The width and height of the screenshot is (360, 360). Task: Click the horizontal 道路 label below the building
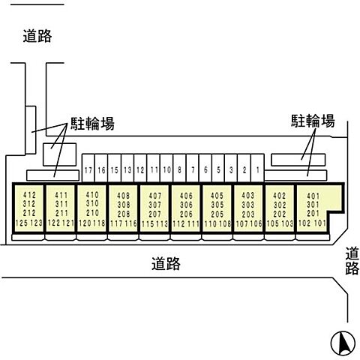click(165, 263)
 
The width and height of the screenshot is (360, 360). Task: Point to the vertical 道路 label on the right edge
click(352, 262)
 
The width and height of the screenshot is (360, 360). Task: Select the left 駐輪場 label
click(92, 124)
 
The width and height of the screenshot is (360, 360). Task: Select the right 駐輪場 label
click(312, 121)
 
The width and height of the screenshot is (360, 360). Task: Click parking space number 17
click(88, 170)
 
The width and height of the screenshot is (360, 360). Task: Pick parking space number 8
click(180, 170)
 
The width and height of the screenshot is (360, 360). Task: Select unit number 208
click(123, 213)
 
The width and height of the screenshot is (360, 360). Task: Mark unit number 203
click(248, 213)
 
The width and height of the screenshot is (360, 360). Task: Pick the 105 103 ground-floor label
click(280, 223)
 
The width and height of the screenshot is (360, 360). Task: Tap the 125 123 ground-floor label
click(29, 223)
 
